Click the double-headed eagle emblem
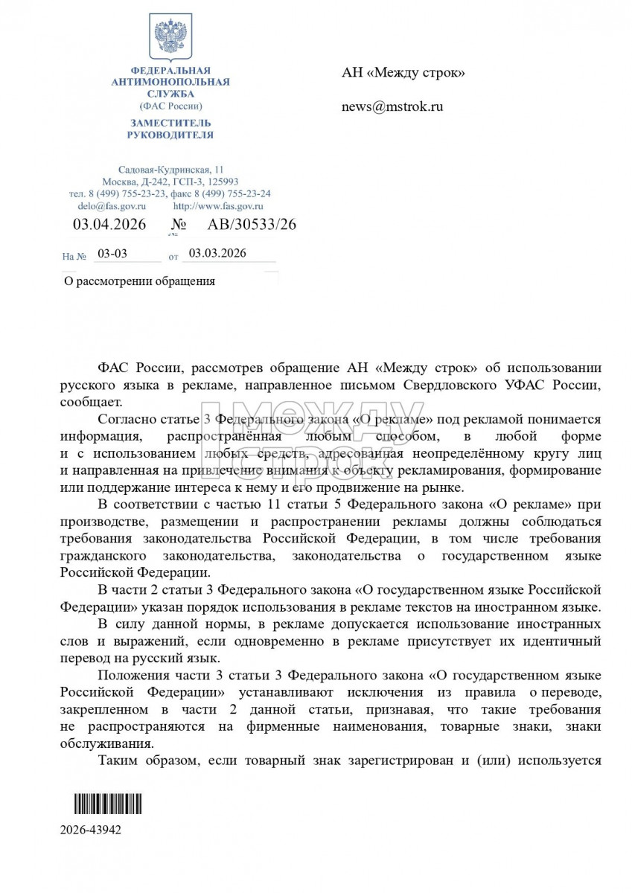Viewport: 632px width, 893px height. (170, 37)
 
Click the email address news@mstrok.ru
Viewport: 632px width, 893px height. (392, 106)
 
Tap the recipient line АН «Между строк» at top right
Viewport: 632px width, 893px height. (403, 72)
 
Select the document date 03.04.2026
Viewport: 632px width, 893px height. (109, 224)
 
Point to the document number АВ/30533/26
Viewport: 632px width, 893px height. (241, 224)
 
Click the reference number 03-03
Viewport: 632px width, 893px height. (112, 254)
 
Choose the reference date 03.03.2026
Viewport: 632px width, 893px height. (217, 254)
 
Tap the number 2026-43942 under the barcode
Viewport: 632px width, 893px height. (91, 830)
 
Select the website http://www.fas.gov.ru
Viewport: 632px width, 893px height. (218, 205)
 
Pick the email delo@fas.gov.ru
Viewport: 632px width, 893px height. (112, 205)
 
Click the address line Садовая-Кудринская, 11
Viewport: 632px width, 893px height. (170, 170)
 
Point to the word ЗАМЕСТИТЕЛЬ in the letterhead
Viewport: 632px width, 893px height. (170, 123)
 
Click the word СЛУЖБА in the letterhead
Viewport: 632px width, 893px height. (170, 94)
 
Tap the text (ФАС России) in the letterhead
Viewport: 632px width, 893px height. (170, 106)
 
